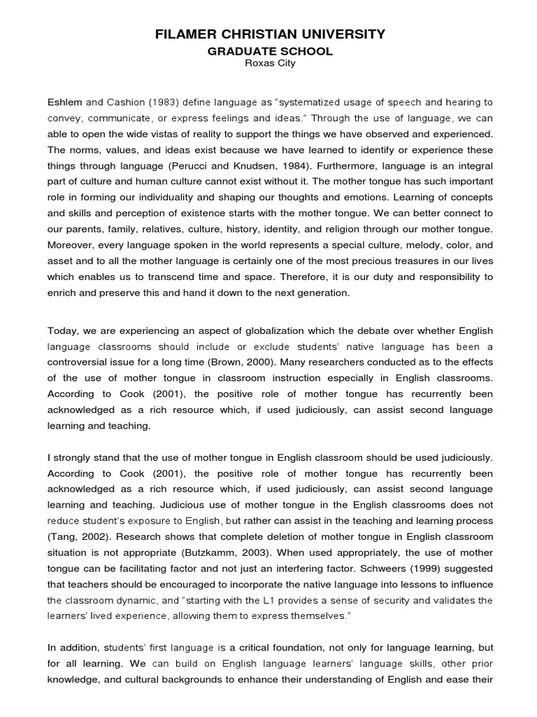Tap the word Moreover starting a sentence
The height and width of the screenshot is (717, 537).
coord(71,245)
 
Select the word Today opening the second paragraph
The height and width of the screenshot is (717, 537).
coord(62,330)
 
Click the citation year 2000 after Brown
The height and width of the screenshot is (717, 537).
coord(343,362)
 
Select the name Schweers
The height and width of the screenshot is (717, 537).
coord(389,569)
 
